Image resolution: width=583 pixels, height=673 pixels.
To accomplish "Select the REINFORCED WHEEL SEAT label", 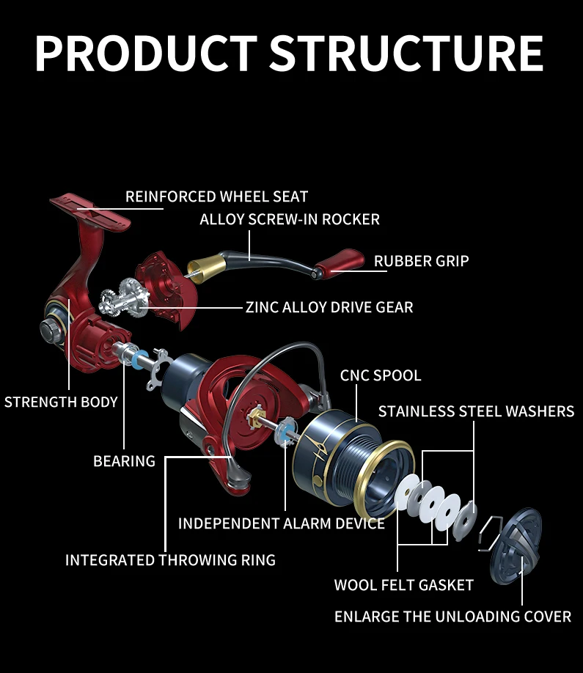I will [x=216, y=196].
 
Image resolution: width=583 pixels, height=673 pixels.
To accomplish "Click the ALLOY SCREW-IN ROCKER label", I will [x=290, y=219].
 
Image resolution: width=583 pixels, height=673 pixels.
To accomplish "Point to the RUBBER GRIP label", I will [x=421, y=261].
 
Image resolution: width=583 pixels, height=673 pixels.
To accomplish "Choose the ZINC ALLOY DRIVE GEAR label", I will [x=329, y=306].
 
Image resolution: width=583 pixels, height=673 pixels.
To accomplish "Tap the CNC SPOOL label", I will [x=381, y=375].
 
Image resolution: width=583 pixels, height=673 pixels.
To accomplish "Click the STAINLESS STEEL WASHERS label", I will [x=476, y=411].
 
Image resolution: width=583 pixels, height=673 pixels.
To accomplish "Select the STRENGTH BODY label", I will [x=61, y=402].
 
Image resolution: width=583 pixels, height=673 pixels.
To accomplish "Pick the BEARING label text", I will [x=124, y=461].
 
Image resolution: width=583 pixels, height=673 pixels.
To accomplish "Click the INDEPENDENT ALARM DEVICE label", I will [x=281, y=523].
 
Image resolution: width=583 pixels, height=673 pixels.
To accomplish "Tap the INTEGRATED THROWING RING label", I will [x=170, y=560].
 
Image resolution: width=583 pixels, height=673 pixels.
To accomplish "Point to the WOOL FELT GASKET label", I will [x=403, y=585].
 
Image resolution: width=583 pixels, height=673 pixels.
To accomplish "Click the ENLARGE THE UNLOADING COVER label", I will [x=452, y=617].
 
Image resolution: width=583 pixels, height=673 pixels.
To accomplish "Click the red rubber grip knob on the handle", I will [x=345, y=262].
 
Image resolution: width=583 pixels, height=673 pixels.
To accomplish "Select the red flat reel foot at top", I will [x=89, y=209].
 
